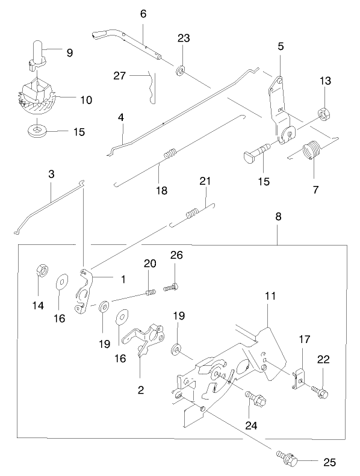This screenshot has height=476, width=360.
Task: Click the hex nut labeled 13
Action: tap(325, 113)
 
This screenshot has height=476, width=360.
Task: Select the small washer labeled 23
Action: tap(180, 71)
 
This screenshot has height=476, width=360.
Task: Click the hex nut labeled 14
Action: tap(42, 270)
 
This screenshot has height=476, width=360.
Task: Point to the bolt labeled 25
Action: tap(287, 455)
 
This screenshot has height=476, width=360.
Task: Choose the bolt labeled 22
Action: tap(319, 392)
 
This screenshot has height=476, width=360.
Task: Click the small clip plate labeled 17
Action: tap(298, 379)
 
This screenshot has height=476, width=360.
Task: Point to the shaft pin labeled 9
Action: tap(37, 57)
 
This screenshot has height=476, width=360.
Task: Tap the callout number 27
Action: tap(119, 75)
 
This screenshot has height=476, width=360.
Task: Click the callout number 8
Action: tap(278, 217)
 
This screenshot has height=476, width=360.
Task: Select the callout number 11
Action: tap(270, 296)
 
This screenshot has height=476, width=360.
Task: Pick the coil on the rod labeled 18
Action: tap(170, 153)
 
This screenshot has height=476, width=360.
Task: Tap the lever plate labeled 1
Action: tap(84, 291)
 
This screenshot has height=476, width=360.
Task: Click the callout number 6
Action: tap(143, 14)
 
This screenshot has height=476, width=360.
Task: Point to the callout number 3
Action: tap(51, 175)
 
